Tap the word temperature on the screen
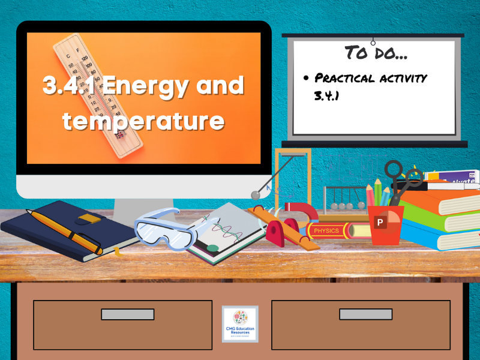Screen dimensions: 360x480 point(143,120)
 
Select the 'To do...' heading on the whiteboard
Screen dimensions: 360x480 point(376,53)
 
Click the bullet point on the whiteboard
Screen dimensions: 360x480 point(306,79)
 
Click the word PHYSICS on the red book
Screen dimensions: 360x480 point(326,230)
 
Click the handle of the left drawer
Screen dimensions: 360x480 point(127,314)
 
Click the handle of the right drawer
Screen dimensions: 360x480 point(365,314)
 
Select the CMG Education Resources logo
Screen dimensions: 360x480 point(240,324)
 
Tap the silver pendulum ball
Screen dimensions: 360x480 point(256,194)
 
